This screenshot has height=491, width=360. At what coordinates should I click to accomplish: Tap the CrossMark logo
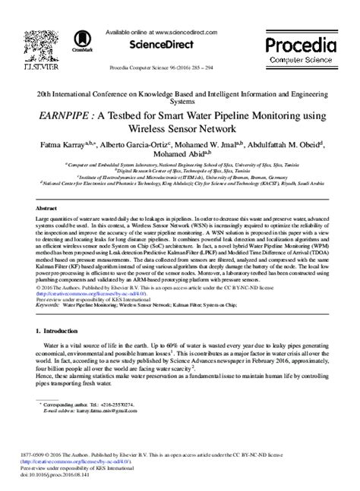(x=82, y=42)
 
